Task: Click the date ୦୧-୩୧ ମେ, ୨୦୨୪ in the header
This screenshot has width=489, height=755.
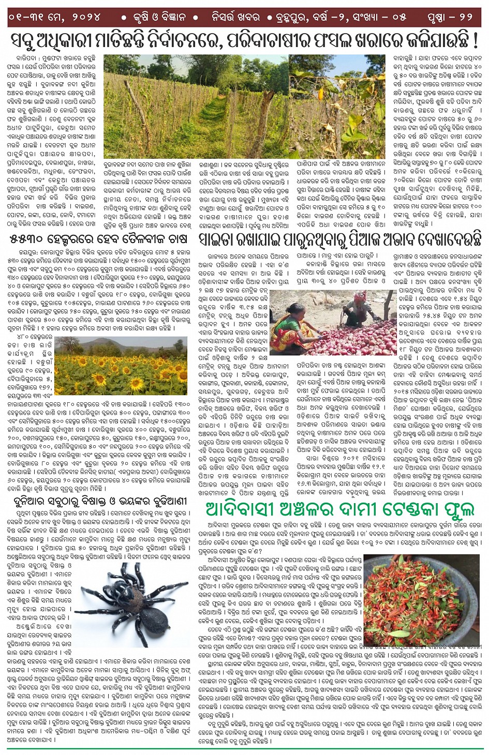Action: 54,17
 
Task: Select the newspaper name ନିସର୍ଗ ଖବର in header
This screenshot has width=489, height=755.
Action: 235,17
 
